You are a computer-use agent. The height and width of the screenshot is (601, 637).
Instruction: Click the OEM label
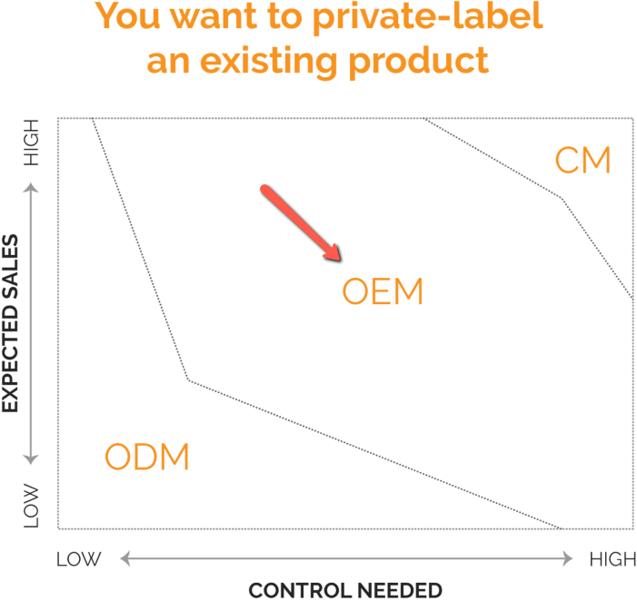(383, 291)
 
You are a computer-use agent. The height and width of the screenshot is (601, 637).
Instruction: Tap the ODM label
(147, 457)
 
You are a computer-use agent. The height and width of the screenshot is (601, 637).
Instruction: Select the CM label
(582, 161)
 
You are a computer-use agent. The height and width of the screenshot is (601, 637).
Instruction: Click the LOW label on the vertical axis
(33, 505)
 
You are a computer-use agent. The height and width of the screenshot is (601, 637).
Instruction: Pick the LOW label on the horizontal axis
(79, 559)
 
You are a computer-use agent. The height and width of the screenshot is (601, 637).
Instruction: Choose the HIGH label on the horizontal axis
(612, 559)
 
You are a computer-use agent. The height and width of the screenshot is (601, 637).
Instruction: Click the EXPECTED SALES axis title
(11, 324)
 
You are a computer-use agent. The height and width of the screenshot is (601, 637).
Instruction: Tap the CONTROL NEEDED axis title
(345, 590)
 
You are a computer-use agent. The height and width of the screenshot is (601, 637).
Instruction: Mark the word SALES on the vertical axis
(11, 264)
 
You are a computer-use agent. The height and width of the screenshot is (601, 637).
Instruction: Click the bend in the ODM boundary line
(188, 379)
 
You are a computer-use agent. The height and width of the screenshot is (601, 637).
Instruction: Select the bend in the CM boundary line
(562, 198)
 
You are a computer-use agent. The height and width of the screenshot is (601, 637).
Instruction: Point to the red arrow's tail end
(265, 189)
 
